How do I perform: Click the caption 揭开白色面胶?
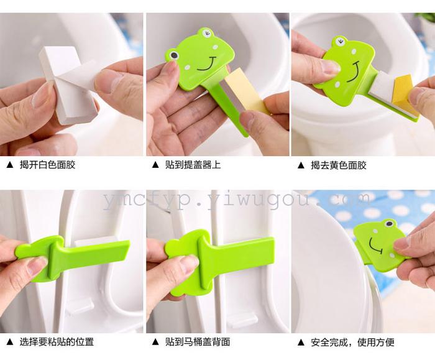pyautogui.click(x=47, y=165)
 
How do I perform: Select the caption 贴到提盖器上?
pyautogui.click(x=193, y=165)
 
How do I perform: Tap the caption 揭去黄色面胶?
pyautogui.click(x=339, y=165)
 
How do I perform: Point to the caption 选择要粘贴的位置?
pyautogui.click(x=57, y=342)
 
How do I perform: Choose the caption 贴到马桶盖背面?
pyautogui.click(x=198, y=342)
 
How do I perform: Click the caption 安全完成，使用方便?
pyautogui.click(x=352, y=342)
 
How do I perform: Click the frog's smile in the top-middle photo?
pyautogui.click(x=207, y=65)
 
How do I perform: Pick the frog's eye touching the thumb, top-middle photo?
pyautogui.click(x=173, y=55)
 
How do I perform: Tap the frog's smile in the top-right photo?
pyautogui.click(x=354, y=72)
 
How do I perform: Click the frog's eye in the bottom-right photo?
pyautogui.click(x=388, y=223)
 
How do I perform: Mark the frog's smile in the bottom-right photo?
pyautogui.click(x=375, y=246)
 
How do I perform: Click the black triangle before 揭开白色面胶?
pyautogui.click(x=10, y=165)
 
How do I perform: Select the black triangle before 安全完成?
pyautogui.click(x=301, y=342)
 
